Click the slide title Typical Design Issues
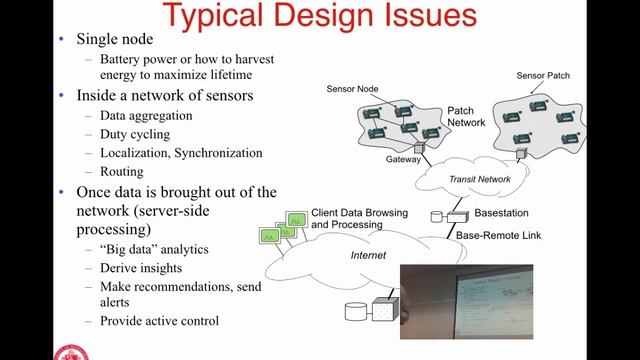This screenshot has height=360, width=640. click(x=320, y=16)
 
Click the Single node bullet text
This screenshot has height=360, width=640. click(x=116, y=40)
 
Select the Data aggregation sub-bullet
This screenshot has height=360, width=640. click(x=146, y=116)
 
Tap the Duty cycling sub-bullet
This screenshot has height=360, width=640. click(x=135, y=134)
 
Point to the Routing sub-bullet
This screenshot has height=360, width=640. click(x=123, y=172)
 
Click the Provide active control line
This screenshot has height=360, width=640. click(x=159, y=321)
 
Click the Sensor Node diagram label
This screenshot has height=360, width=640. click(x=355, y=89)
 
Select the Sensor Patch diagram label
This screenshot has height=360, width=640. click(x=544, y=75)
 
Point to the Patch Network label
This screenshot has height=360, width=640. click(x=466, y=116)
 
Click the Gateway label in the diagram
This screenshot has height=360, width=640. click(x=404, y=160)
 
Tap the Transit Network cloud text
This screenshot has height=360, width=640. click(x=480, y=179)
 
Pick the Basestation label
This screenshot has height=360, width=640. click(x=501, y=214)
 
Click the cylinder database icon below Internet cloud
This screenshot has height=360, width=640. click(x=355, y=311)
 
